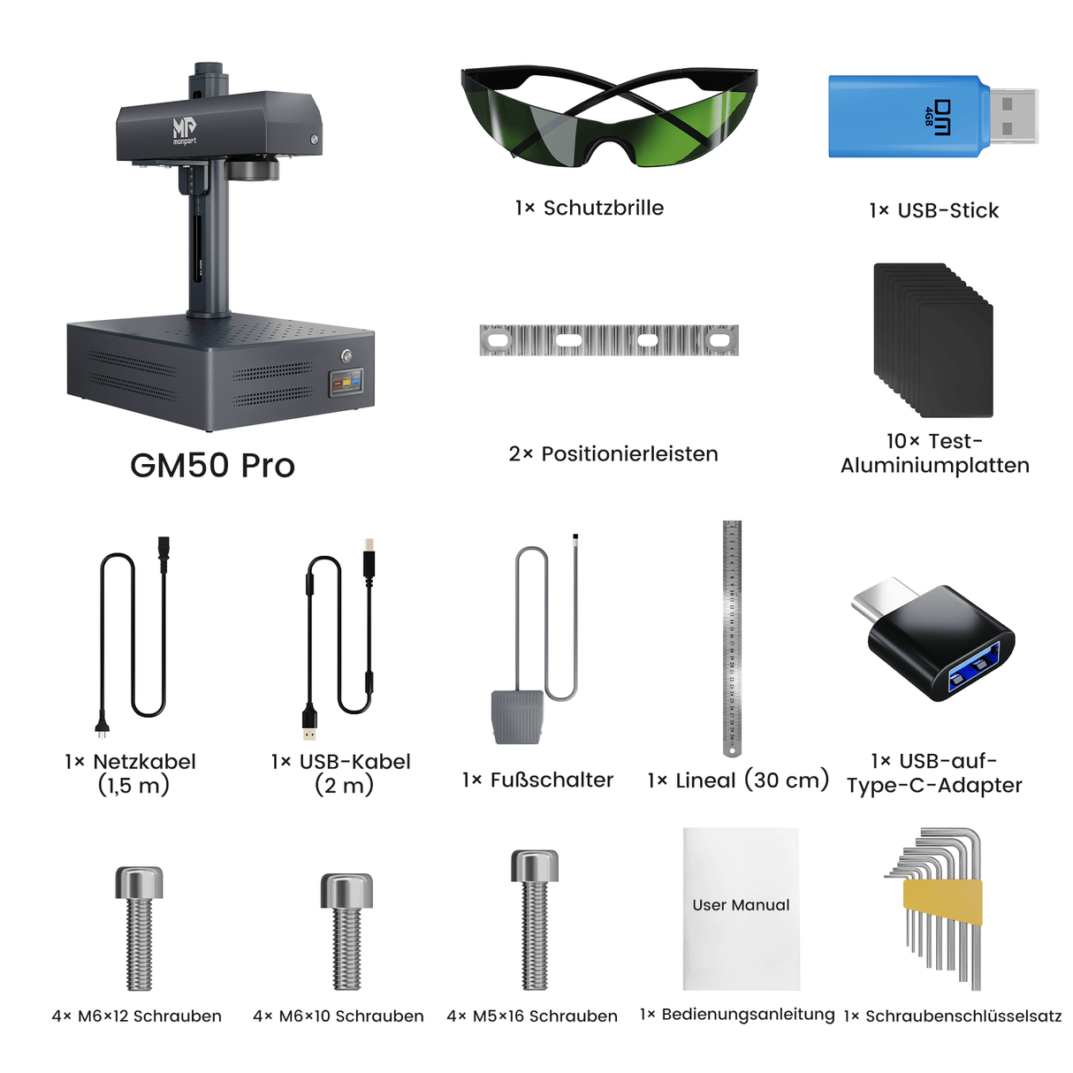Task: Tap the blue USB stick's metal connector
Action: [1011, 116]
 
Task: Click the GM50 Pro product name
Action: [212, 466]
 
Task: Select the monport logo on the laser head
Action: [184, 131]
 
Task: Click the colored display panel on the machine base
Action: [346, 383]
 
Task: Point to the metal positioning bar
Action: [608, 339]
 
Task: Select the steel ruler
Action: [732, 636]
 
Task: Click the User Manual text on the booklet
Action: [741, 905]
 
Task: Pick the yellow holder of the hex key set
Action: [942, 902]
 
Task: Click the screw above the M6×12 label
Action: [139, 927]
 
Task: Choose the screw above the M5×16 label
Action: [535, 918]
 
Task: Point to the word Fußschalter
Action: [552, 780]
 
